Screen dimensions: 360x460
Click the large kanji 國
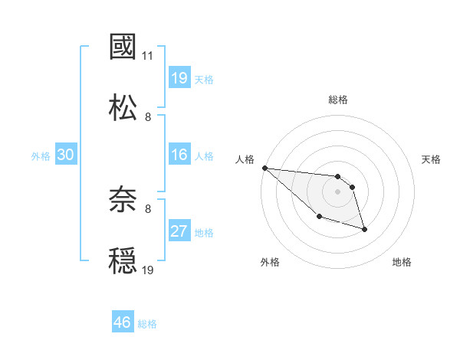[123, 47]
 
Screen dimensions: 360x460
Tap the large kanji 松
[123, 106]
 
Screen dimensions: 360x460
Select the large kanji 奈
[123, 201]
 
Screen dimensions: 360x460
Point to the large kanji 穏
[123, 260]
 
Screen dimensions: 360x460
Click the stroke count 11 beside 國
[148, 56]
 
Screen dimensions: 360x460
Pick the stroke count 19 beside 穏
[148, 270]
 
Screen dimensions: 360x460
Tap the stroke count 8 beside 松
[148, 116]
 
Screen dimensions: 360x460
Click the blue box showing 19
[179, 77]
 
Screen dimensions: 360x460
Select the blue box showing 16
[179, 155]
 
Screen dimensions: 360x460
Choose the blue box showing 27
[179, 231]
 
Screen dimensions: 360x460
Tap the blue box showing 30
[65, 155]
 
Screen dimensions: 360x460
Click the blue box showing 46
[123, 322]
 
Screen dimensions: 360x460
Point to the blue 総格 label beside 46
[147, 324]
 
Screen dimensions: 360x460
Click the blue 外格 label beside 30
[41, 156]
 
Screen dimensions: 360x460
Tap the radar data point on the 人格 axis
[264, 168]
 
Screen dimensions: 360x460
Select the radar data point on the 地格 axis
[364, 229]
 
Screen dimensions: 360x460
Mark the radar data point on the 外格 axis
[319, 217]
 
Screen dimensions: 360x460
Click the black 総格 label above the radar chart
[338, 100]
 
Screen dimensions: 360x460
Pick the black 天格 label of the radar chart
[432, 159]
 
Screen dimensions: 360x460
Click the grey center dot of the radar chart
[337, 191]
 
